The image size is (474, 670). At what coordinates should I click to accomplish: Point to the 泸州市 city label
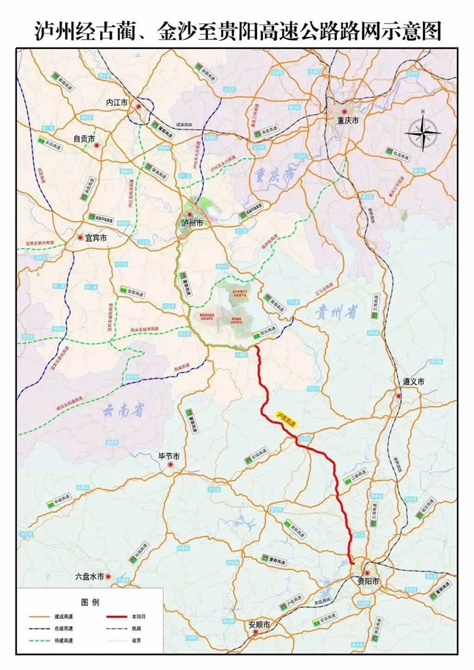tap(192, 222)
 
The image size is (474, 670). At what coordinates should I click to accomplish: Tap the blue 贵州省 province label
tap(335, 314)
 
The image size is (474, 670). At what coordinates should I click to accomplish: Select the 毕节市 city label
tap(159, 456)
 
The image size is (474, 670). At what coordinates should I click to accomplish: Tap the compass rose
tap(422, 134)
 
